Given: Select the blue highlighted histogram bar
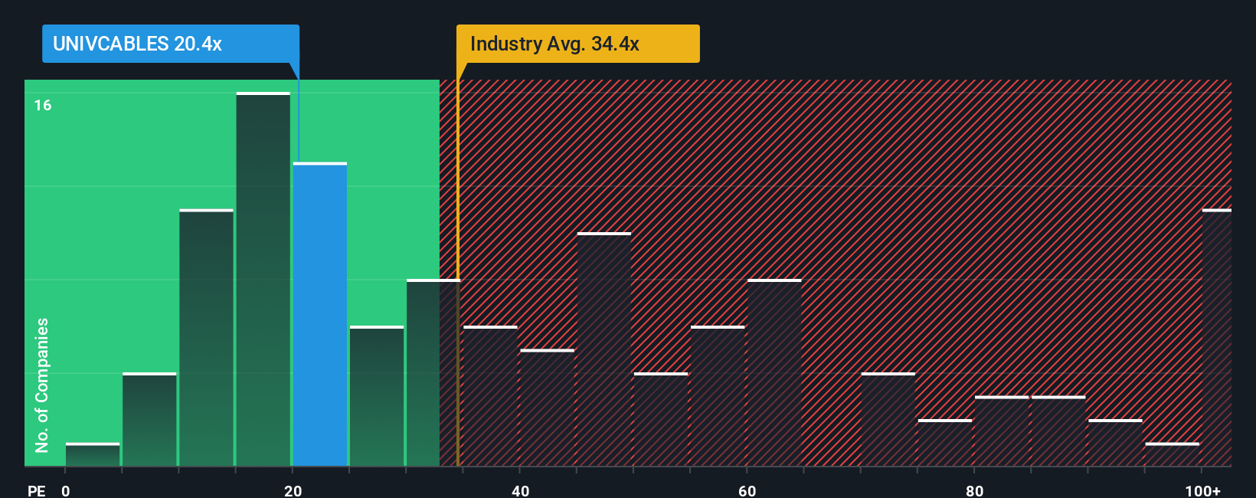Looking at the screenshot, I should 320,314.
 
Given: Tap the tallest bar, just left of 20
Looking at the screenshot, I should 263,280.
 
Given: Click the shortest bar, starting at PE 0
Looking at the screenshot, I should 93,454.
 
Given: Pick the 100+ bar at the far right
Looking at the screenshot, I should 1216,337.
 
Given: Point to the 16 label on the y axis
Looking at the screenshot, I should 43,105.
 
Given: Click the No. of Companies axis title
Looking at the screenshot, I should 42,385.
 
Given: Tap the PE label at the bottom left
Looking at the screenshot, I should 36,490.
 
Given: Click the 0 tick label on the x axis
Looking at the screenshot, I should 66,490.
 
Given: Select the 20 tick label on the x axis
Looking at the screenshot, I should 293,490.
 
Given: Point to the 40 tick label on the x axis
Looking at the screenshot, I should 520,490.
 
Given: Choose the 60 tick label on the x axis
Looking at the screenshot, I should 747,490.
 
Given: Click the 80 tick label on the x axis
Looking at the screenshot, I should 974,490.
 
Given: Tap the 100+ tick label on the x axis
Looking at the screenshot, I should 1202,490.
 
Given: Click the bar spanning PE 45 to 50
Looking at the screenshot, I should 604,349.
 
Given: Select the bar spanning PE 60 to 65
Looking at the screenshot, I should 774,373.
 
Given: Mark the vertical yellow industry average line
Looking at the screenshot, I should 458,306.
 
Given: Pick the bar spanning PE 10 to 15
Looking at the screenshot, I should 207,338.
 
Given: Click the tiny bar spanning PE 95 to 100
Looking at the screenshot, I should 1172,454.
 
